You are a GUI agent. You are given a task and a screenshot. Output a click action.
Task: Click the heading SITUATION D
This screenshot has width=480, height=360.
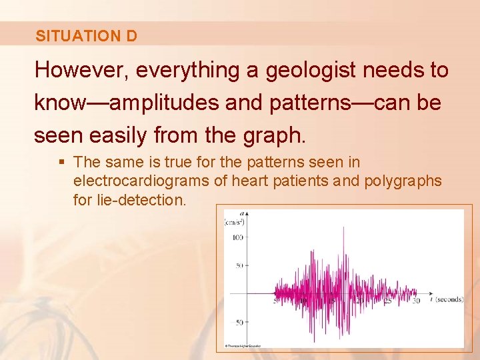pyautogui.click(x=87, y=36)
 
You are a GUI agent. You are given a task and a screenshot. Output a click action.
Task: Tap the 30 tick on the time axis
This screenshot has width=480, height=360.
pyautogui.click(x=416, y=301)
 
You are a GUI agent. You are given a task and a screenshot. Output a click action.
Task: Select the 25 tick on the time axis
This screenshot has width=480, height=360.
pyautogui.click(x=388, y=301)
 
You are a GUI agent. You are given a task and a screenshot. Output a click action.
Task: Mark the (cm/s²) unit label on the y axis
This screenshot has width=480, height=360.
pyautogui.click(x=234, y=222)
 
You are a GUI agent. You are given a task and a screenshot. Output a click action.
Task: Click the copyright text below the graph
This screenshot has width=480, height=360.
pyautogui.click(x=243, y=346)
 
